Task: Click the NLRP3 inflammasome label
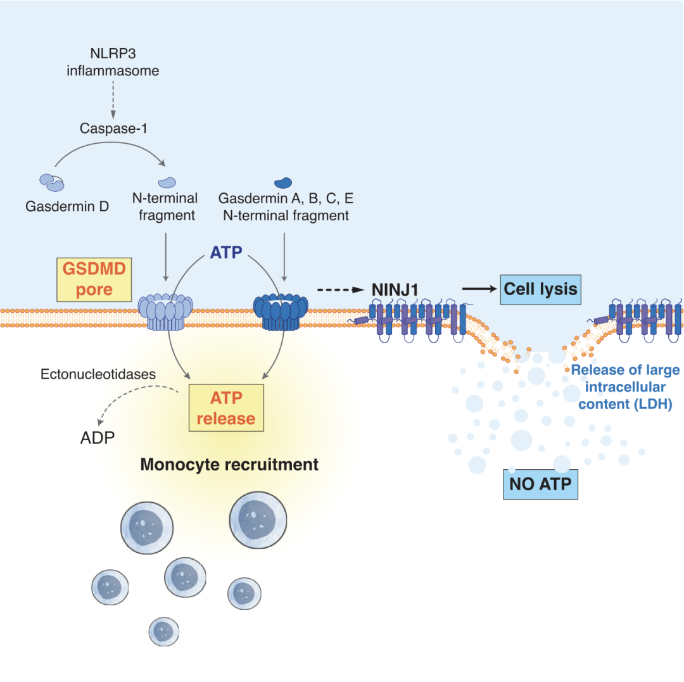pyautogui.click(x=113, y=62)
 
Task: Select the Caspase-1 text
pyautogui.click(x=113, y=129)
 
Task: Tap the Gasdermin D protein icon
pyautogui.click(x=52, y=183)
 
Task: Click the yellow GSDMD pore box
pyautogui.click(x=93, y=279)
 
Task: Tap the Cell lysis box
pyautogui.click(x=540, y=289)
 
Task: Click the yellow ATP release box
pyautogui.click(x=225, y=409)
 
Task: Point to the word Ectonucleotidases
pyautogui.click(x=98, y=374)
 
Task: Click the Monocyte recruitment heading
pyautogui.click(x=229, y=465)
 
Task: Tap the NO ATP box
pyautogui.click(x=540, y=484)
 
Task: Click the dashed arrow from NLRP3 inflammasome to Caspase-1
pyautogui.click(x=113, y=99)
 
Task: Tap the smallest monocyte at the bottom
pyautogui.click(x=165, y=630)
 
